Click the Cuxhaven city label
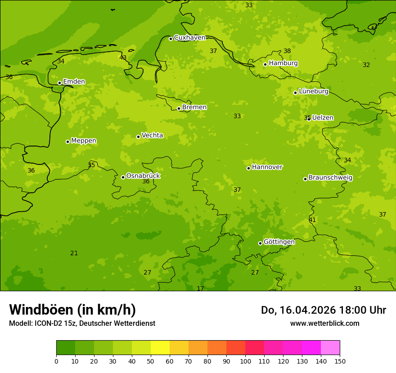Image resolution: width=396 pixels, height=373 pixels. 189,38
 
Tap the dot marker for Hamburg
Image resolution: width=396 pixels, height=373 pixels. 265,64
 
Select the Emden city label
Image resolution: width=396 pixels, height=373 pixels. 74,82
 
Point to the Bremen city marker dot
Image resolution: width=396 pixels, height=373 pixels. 179,108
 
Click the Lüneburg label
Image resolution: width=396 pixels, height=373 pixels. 313,91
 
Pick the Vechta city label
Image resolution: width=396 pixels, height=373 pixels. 152,135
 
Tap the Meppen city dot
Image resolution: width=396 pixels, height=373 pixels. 67,142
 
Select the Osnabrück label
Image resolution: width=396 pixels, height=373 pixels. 143,176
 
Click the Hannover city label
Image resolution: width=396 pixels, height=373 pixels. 267,167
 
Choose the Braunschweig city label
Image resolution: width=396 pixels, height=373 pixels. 330,178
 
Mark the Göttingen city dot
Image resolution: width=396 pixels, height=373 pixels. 260,243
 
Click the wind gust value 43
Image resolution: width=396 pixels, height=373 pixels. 123,58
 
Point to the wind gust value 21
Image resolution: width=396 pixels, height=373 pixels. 74,253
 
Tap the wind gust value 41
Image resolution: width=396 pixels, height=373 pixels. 312,220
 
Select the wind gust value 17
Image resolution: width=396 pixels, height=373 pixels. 200,289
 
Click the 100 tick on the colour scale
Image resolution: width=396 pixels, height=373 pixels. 245,361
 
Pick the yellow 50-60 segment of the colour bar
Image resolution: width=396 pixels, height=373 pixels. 160,348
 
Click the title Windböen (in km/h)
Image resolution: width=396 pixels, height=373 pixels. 72,310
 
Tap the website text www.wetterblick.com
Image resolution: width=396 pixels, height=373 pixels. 324,324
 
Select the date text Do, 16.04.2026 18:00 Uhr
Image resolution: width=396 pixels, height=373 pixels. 324,310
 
